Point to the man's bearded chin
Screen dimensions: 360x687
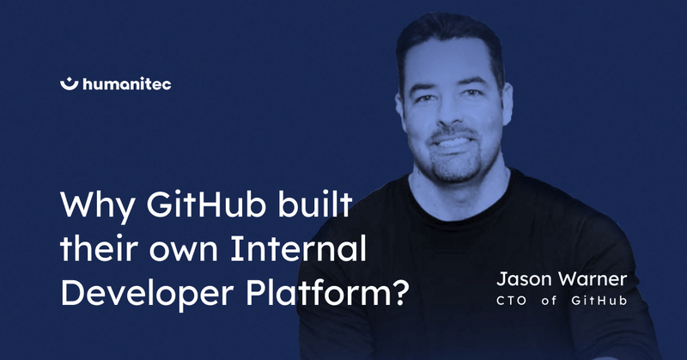pos(455,168)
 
